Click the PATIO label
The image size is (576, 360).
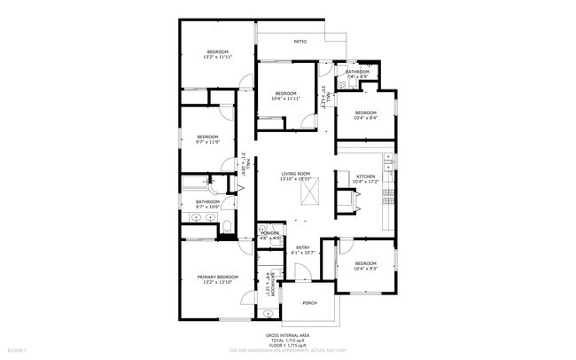point(300,42)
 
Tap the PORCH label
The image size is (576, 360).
point(309,302)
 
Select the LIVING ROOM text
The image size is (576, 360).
point(295,174)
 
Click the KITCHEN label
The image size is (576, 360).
point(366,176)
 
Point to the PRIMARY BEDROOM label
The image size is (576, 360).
point(217,277)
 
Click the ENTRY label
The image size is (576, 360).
point(302,247)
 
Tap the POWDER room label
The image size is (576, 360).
point(270,232)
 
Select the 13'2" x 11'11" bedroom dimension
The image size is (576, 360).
point(218,59)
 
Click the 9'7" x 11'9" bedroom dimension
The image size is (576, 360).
point(207,142)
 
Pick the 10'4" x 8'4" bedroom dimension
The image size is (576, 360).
point(366,118)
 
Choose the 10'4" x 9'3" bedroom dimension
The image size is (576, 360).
point(366,267)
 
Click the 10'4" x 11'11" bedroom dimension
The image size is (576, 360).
point(285,98)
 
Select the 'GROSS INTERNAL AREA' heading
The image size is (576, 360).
point(288,335)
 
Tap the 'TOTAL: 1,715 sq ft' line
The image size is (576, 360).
point(288,340)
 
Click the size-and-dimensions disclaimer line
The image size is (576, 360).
point(288,351)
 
